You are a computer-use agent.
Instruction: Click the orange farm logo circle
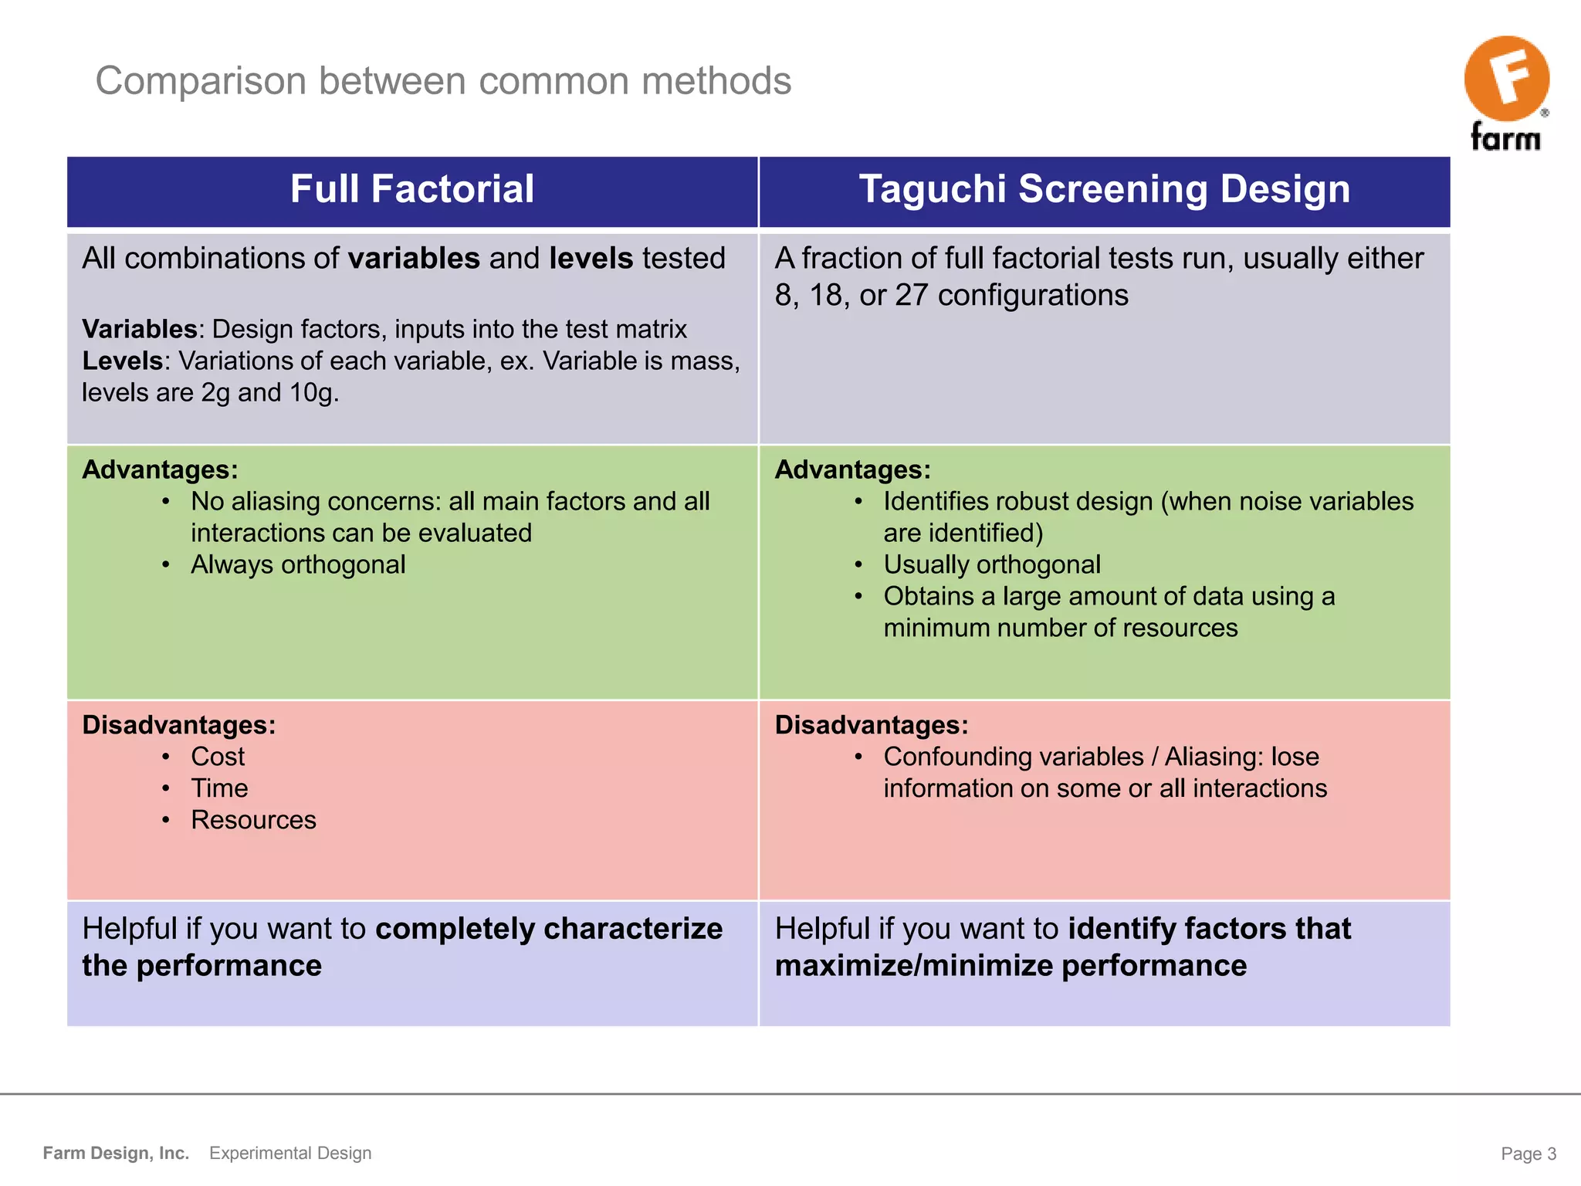coord(1506,78)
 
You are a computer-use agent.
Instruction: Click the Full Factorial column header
coord(411,189)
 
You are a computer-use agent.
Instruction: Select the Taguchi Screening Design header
coord(1104,189)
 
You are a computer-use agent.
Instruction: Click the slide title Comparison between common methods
coord(443,81)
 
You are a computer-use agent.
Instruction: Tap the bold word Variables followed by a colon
coord(140,330)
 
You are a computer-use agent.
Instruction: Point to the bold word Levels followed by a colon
coord(123,361)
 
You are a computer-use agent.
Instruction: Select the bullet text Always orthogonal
coord(298,565)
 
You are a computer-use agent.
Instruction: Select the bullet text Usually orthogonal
coord(992,565)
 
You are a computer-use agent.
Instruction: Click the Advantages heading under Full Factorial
coord(160,469)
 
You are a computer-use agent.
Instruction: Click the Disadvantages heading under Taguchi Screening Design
coord(871,725)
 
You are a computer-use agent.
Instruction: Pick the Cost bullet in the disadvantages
coord(218,757)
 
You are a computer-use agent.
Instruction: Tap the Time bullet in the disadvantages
coord(219,788)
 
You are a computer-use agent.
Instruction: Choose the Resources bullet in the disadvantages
coord(253,820)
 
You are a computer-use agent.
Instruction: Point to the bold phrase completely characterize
coord(548,929)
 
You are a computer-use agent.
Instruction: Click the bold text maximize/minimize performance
coord(1010,967)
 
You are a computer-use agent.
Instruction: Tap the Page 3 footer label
coord(1528,1154)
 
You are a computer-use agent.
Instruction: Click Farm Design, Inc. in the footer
coord(116,1154)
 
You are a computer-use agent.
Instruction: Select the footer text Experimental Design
coord(290,1154)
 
